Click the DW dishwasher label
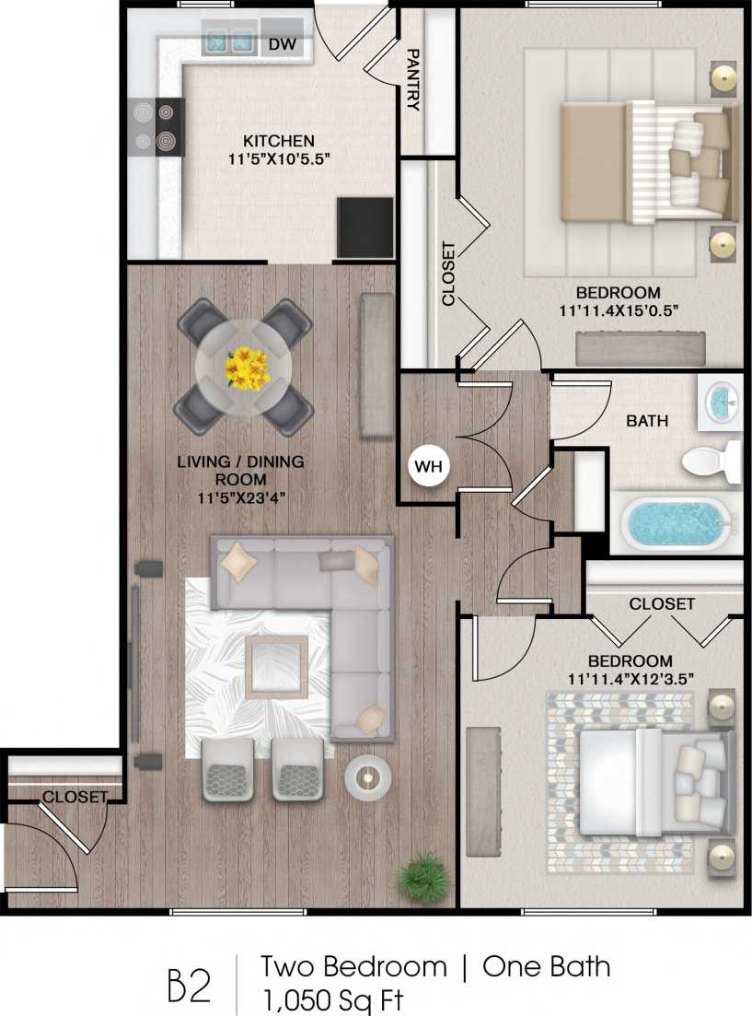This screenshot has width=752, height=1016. [281, 43]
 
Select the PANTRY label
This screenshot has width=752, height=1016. [413, 80]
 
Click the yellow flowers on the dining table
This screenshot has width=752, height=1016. [246, 367]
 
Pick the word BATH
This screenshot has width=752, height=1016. [648, 421]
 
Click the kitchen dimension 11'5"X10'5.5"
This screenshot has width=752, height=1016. [278, 158]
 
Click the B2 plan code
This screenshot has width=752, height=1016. [189, 983]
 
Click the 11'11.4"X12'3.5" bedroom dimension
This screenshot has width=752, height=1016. [631, 680]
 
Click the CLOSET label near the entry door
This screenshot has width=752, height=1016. [75, 797]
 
